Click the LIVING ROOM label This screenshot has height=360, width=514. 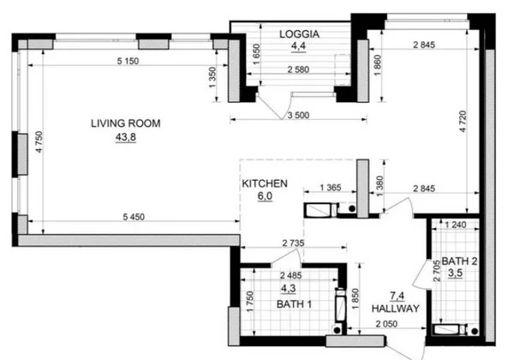[x=126, y=123]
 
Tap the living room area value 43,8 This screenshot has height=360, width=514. [x=126, y=137]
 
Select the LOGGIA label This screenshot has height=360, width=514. [x=299, y=34]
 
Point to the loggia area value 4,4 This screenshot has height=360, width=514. [x=298, y=46]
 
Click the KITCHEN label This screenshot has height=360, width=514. [x=265, y=183]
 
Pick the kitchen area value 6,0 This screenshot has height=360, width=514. [x=265, y=196]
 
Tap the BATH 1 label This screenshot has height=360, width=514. [x=294, y=304]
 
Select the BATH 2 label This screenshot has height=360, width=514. [x=459, y=261]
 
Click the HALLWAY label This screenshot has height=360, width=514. [x=395, y=309]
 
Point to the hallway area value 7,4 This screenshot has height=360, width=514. [x=397, y=296]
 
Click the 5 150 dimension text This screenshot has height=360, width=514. [x=128, y=61]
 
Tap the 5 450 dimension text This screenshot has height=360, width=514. [x=134, y=217]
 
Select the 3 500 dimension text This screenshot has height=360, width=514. [x=298, y=116]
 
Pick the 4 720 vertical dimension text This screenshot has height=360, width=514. [x=463, y=122]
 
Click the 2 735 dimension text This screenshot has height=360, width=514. [x=293, y=243]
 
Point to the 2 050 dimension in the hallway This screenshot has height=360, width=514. [x=386, y=324]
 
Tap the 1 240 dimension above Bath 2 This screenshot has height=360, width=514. [x=456, y=225]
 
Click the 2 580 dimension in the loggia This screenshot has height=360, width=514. [x=298, y=69]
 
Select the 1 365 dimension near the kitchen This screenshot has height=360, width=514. [x=331, y=188]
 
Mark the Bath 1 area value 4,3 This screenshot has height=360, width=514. [x=289, y=289]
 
